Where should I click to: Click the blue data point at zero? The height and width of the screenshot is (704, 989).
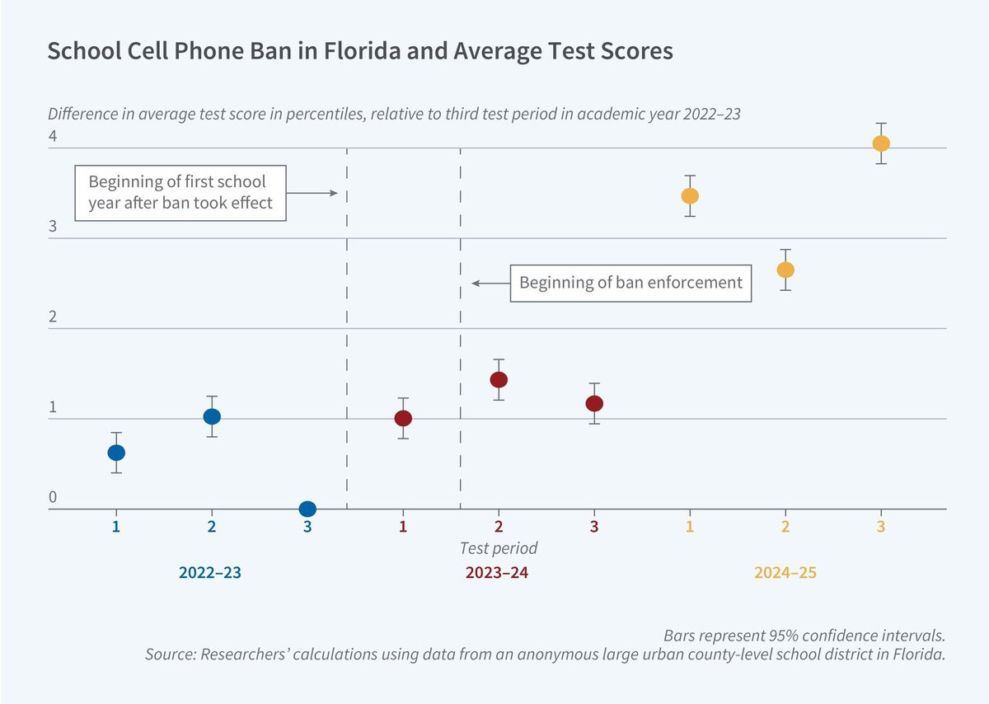click(307, 509)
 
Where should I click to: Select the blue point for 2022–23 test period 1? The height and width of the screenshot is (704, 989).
click(116, 453)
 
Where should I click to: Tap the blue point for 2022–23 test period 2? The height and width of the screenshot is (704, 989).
click(212, 416)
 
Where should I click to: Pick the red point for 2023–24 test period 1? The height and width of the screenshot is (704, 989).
click(403, 418)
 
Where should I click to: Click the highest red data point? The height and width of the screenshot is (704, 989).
click(499, 380)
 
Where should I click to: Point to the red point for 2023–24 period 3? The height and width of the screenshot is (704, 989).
click(594, 404)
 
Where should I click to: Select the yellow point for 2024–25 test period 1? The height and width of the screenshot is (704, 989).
click(690, 196)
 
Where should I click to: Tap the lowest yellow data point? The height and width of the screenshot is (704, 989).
click(785, 270)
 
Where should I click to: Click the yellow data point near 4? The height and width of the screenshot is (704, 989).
click(881, 143)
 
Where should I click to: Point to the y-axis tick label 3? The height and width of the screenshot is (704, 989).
click(53, 227)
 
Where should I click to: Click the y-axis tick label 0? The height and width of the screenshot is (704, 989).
click(53, 497)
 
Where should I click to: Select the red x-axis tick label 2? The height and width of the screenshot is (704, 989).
click(499, 527)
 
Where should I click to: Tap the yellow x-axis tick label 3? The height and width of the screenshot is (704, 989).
click(881, 527)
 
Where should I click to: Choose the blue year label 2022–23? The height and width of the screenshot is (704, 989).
click(210, 573)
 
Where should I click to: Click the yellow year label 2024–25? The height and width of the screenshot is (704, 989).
click(785, 573)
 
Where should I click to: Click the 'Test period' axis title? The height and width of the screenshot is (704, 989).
click(499, 548)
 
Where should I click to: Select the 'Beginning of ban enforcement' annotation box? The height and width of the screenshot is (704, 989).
click(631, 283)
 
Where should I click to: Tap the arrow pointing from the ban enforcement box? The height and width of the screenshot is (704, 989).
click(491, 283)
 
